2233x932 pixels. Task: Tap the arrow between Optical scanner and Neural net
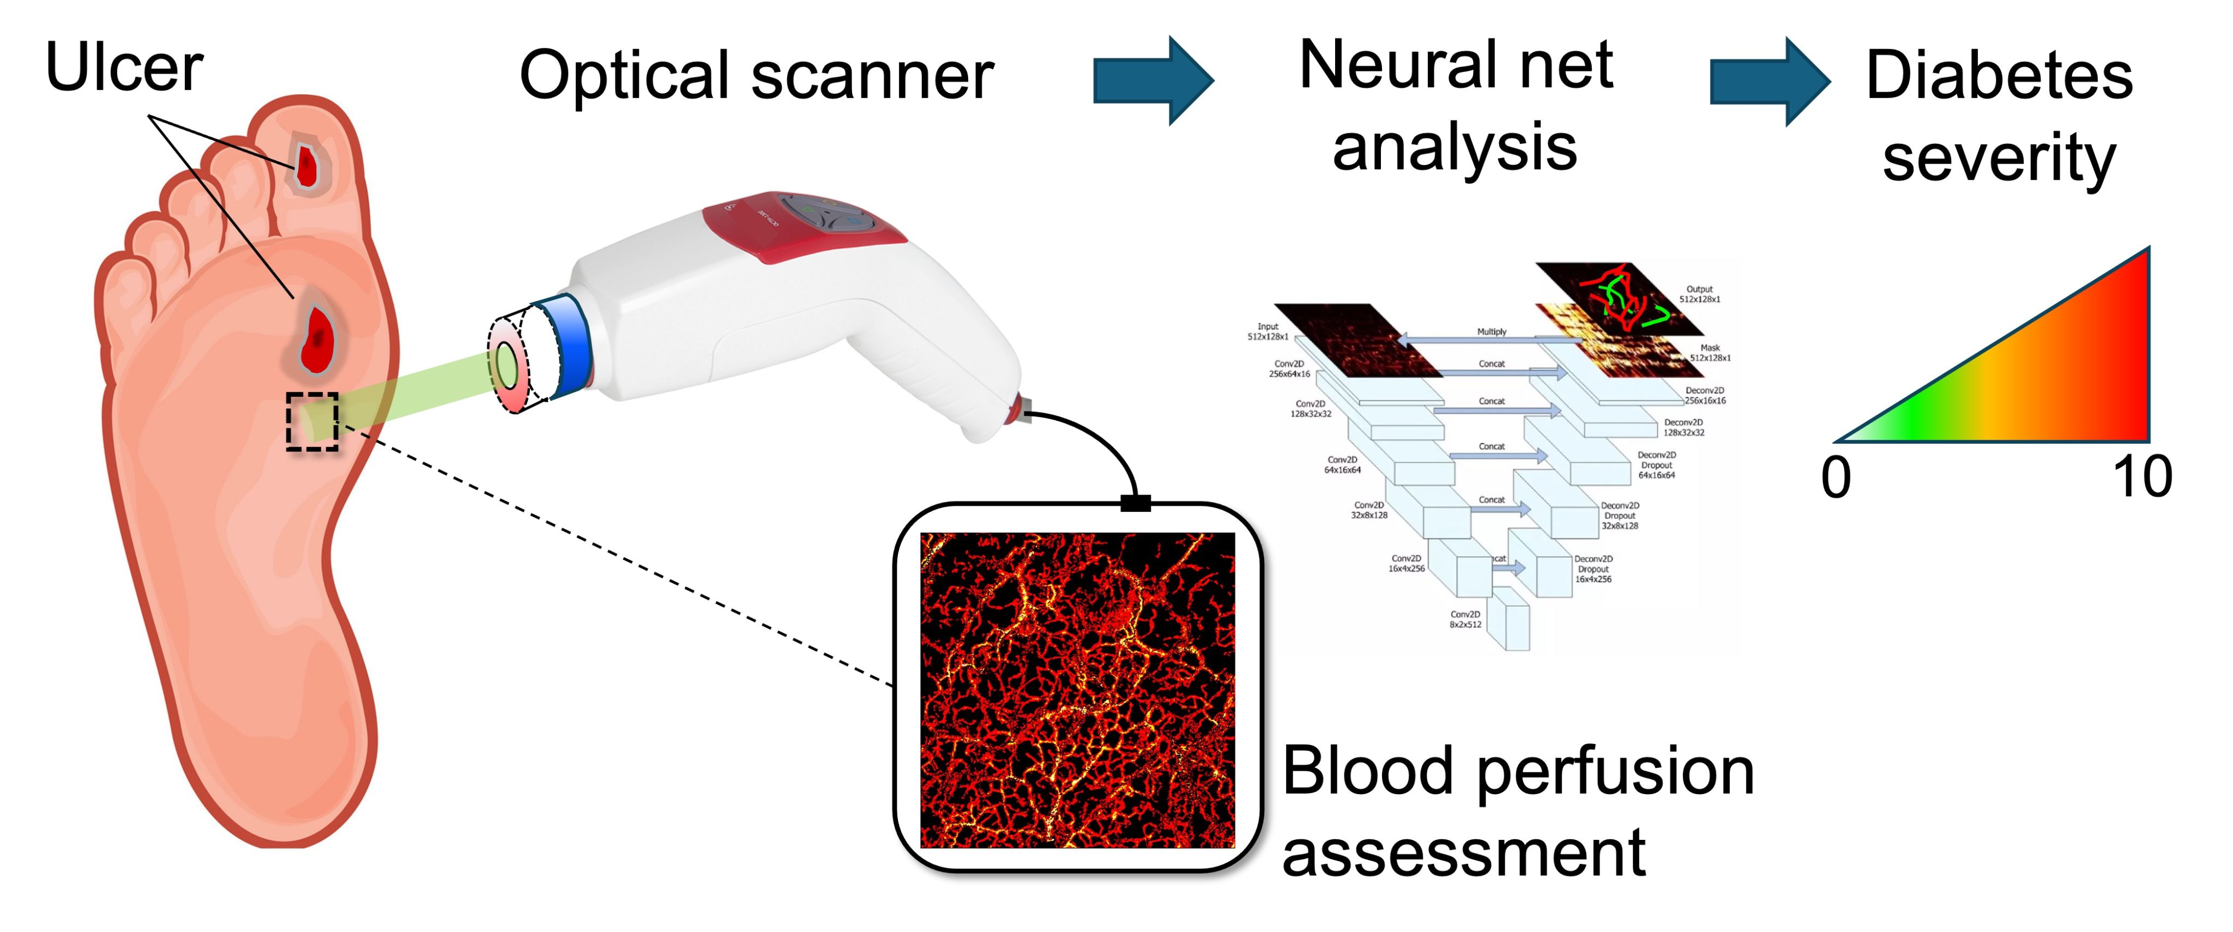pos(1153,81)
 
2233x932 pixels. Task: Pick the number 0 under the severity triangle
pos(1836,477)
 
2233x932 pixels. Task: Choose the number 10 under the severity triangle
pos(2142,477)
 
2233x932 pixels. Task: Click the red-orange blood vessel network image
pos(1077,689)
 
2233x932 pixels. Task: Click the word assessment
pos(1463,854)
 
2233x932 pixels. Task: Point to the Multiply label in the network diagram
pos(1492,332)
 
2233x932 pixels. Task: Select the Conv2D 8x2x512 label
pos(1465,619)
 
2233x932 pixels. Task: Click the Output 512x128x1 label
pos(1699,294)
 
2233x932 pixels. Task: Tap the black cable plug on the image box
pos(1136,503)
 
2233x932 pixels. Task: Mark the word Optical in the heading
pos(624,76)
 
